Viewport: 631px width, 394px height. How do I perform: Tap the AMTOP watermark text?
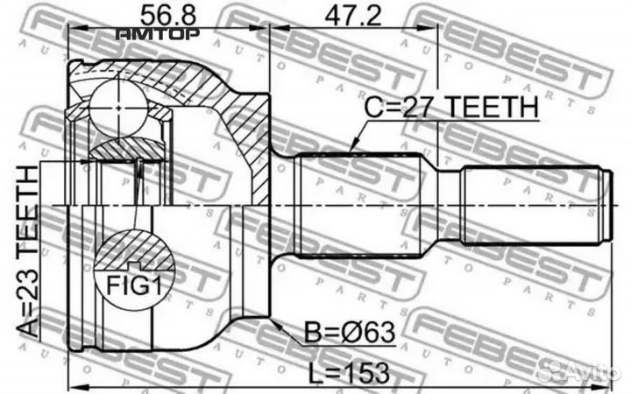tap(158, 35)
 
